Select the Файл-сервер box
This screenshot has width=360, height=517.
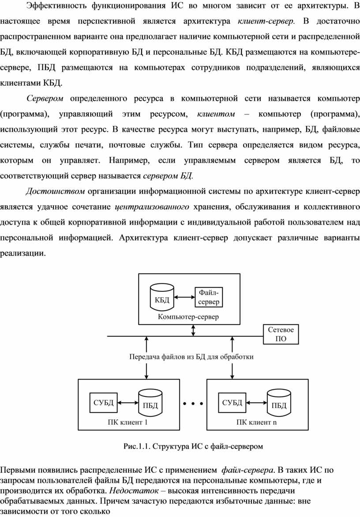tap(209, 297)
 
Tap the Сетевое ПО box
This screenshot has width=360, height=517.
tap(281, 334)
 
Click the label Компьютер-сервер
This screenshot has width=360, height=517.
tap(188, 317)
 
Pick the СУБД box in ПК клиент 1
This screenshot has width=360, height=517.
tap(103, 403)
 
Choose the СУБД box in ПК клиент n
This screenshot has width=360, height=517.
tap(232, 403)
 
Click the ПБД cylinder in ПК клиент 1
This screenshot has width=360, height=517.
tap(150, 403)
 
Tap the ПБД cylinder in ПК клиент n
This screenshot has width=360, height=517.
tap(279, 403)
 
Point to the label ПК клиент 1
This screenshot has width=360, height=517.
tap(127, 423)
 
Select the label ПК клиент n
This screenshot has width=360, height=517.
tap(256, 423)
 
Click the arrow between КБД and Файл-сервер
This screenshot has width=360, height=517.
tap(184, 297)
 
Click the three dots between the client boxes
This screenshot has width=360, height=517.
tap(193, 403)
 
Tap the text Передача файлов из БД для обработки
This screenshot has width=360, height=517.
tap(191, 357)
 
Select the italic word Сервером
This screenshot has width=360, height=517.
tap(45, 98)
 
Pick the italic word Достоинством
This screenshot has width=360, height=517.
tap(55, 191)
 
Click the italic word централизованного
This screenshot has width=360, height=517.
tap(152, 207)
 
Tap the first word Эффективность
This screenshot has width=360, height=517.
tap(56, 6)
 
